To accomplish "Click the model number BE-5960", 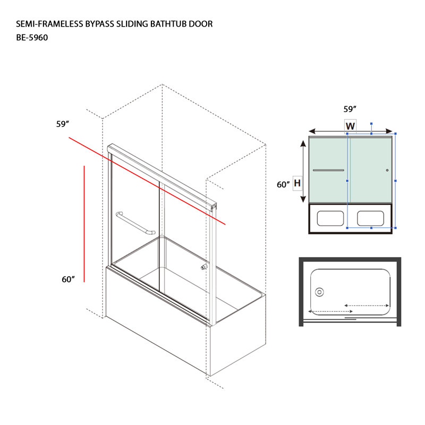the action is (x=32, y=37).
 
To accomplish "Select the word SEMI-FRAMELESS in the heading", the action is (x=49, y=24).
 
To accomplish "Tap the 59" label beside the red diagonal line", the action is (x=63, y=124).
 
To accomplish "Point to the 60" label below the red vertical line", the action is (x=68, y=279).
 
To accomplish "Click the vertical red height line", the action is (x=84, y=224).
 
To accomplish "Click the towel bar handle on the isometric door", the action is (x=135, y=223).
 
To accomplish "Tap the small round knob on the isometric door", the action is (x=204, y=267).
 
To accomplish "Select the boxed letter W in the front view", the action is (x=350, y=126).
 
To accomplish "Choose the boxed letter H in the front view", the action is (x=297, y=183).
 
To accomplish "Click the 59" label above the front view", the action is (x=350, y=109).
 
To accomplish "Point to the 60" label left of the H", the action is (x=283, y=184).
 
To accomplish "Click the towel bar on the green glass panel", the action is (x=328, y=170).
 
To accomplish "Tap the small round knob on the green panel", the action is (x=387, y=170).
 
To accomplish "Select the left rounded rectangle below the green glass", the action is (x=330, y=218).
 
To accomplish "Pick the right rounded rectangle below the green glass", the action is (x=370, y=218).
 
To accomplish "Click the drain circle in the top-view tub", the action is (x=320, y=292).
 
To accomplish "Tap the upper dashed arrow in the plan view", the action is (x=367, y=305).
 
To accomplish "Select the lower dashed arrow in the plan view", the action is (x=330, y=311).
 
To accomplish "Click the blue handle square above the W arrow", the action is (x=371, y=124).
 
